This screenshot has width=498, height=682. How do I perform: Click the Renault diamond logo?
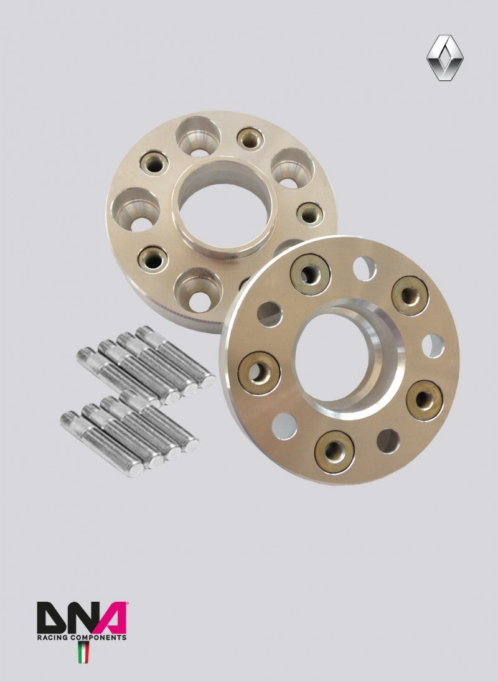(x=445, y=57)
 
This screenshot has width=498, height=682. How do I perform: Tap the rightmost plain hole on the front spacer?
(x=433, y=345)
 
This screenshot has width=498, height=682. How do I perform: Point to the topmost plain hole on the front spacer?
(x=364, y=268)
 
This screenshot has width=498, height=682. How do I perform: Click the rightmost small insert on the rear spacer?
(x=309, y=213)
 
